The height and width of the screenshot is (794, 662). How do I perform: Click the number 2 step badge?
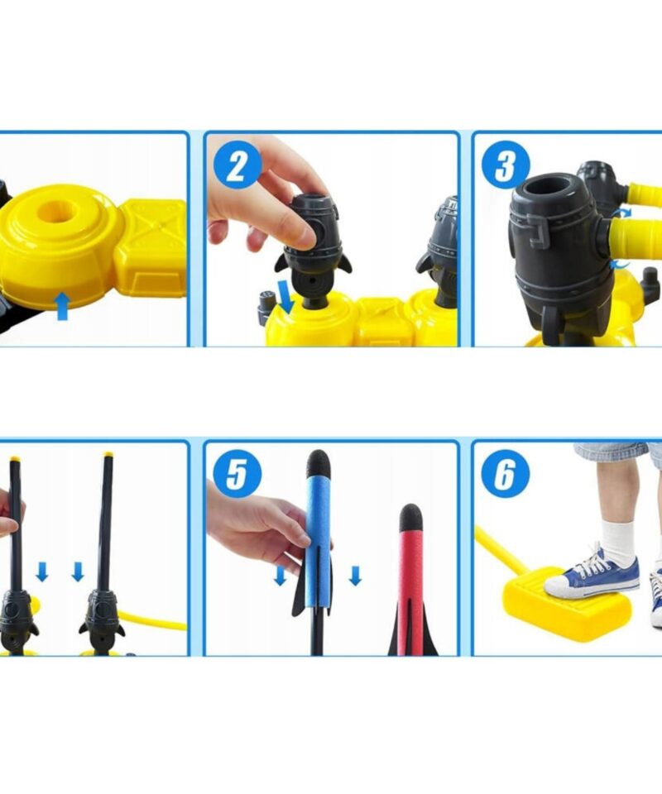click(237, 165)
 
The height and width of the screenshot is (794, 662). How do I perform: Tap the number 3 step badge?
click(506, 165)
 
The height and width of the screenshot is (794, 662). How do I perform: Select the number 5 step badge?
click(237, 474)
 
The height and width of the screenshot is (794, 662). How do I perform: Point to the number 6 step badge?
click(506, 474)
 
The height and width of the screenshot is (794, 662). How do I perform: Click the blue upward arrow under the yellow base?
click(62, 306)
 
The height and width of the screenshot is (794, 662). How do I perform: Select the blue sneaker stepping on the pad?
click(592, 572)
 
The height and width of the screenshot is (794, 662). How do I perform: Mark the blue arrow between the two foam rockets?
click(356, 576)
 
